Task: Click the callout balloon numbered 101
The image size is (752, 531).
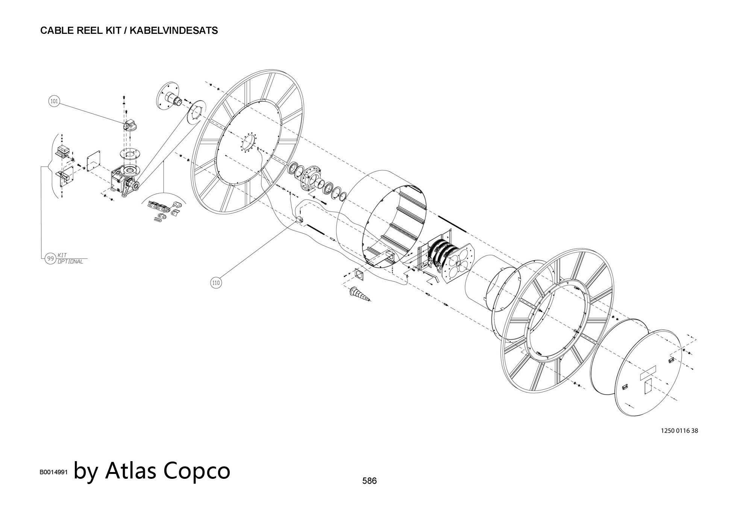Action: pyautogui.click(x=55, y=101)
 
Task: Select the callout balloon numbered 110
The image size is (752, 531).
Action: pyautogui.click(x=216, y=283)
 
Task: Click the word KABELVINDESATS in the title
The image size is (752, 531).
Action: pyautogui.click(x=174, y=30)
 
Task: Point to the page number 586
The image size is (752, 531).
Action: pyautogui.click(x=369, y=481)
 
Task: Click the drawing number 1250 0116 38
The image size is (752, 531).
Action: pyautogui.click(x=679, y=431)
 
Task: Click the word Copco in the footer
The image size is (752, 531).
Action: pyautogui.click(x=197, y=470)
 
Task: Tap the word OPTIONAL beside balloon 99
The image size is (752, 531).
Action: pyautogui.click(x=70, y=262)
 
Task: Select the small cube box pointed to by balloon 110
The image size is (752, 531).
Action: pyautogui.click(x=300, y=219)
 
